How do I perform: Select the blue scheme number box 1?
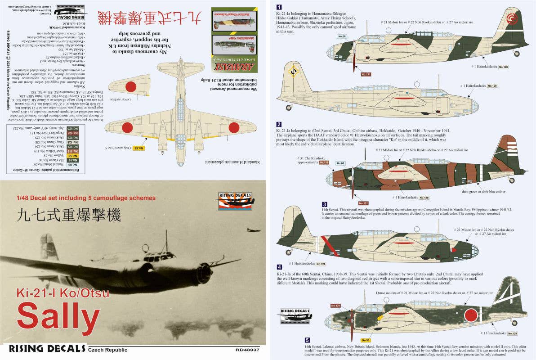(279, 7)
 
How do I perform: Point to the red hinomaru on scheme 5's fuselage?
(470, 314)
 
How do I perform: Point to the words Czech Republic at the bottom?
(107, 350)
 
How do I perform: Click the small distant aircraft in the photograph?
(253, 230)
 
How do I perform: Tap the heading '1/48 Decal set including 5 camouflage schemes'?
(86, 198)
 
